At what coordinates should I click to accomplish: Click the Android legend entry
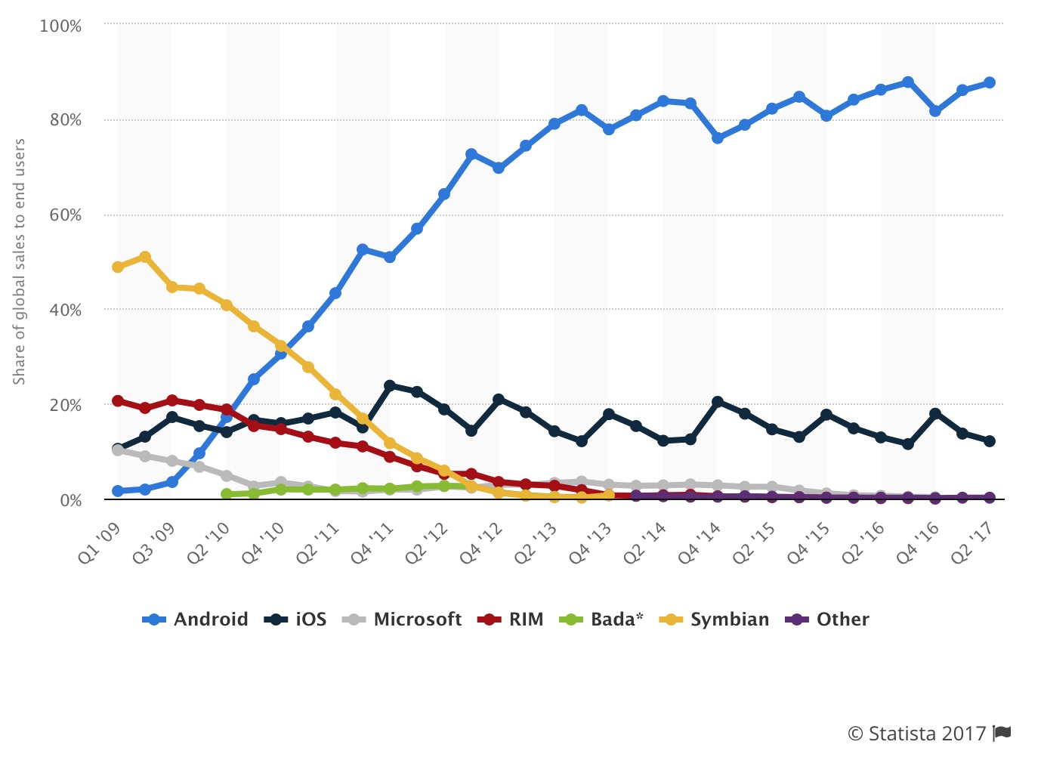point(196,620)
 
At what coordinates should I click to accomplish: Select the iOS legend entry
point(295,620)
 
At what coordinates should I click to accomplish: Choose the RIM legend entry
point(511,620)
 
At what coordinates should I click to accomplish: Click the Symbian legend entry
point(715,620)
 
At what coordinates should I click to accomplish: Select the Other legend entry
point(828,620)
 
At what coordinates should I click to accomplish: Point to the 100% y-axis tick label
point(60,26)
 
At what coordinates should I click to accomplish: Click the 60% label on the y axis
point(65,215)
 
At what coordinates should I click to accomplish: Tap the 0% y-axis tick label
point(70,500)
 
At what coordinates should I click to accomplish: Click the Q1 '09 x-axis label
point(100,543)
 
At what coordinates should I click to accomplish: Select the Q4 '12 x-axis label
point(481,543)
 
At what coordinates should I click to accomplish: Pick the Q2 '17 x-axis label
point(971,543)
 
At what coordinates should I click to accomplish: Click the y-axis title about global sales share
point(20,261)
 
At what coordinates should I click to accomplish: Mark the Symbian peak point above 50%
point(145,258)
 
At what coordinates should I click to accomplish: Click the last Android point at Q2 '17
point(990,82)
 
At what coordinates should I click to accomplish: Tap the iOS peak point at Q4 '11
point(390,386)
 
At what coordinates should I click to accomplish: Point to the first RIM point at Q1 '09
point(118,400)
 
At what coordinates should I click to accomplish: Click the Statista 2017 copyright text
point(916,734)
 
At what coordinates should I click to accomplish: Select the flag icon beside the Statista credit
point(1002,732)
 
